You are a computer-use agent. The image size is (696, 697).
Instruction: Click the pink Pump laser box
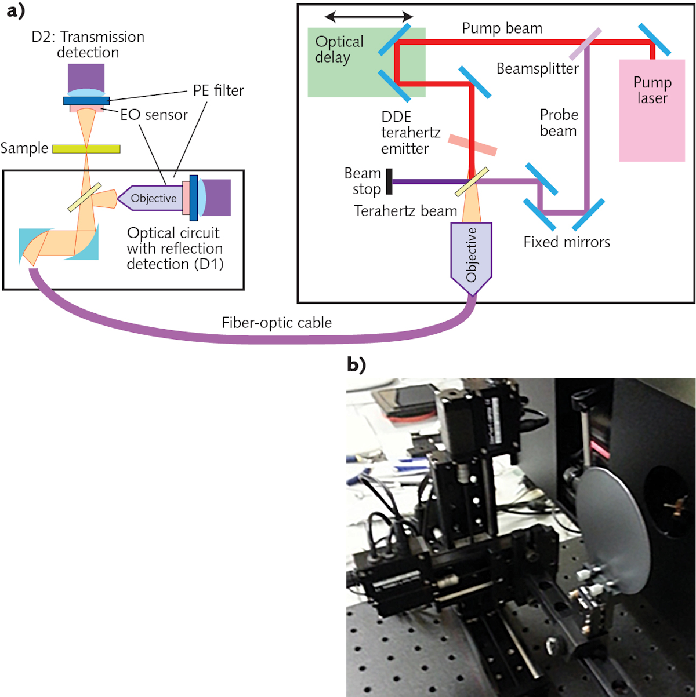[652, 110]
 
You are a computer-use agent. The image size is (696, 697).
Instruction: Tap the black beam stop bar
[390, 181]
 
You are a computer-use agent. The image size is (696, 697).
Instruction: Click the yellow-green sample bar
[86, 149]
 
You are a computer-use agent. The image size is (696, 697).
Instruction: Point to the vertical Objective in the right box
[471, 255]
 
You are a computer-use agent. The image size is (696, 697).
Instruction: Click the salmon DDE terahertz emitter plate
[472, 144]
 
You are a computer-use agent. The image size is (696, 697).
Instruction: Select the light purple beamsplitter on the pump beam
[585, 44]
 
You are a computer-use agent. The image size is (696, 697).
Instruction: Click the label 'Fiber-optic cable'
[277, 323]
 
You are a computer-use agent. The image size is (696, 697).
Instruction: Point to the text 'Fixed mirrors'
[567, 242]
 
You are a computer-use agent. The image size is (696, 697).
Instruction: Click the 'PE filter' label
[218, 90]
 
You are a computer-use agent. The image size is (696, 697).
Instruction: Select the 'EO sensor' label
[154, 115]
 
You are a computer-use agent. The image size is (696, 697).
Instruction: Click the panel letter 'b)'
[356, 364]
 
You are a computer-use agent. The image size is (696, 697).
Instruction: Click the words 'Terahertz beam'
[405, 211]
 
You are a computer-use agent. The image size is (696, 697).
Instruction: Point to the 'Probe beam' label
[559, 123]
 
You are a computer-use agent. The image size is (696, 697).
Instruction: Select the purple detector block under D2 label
[86, 78]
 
